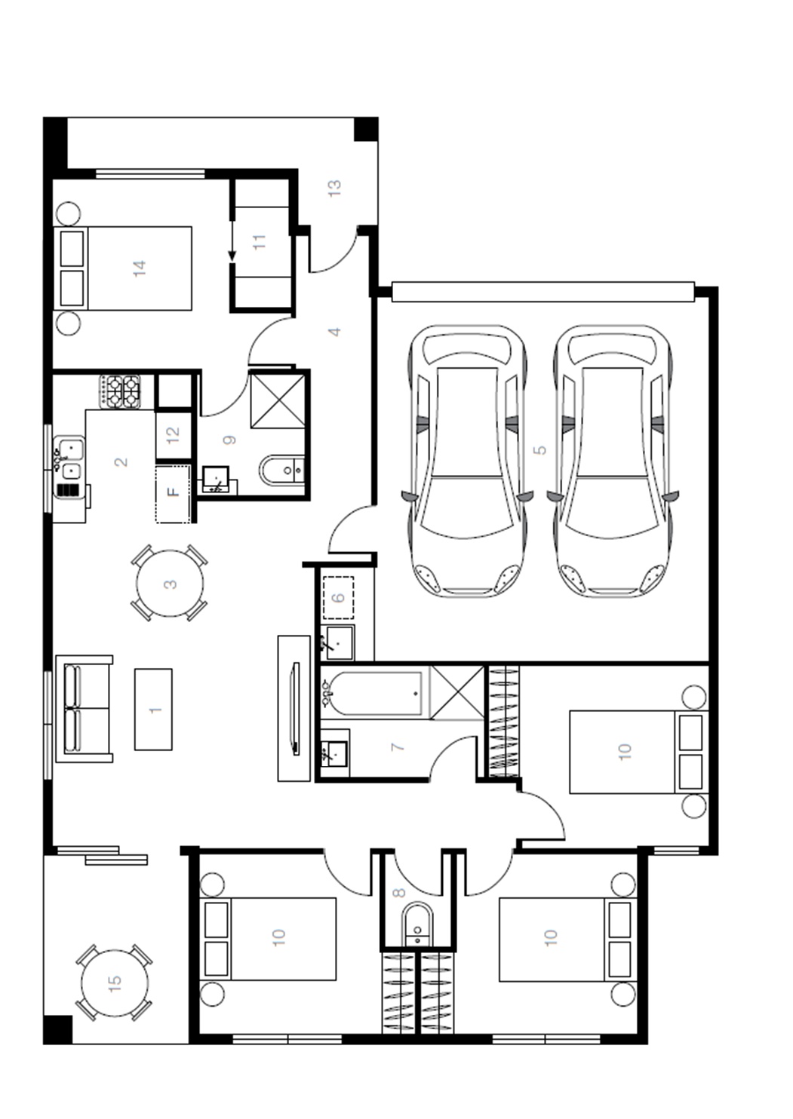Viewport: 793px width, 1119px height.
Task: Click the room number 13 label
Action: point(334,188)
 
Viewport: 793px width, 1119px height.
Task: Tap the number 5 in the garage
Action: point(539,449)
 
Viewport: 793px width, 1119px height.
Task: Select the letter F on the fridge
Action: point(173,492)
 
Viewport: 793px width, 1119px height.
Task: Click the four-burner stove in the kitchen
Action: point(120,391)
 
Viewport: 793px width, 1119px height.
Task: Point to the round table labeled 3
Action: point(170,584)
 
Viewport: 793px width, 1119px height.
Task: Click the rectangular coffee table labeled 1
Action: point(153,710)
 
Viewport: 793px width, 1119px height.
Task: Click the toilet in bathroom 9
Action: point(282,470)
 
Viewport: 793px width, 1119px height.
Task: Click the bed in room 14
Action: point(123,268)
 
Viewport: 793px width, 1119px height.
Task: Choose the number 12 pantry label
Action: point(173,434)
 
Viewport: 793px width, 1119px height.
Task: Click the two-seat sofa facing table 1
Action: point(84,709)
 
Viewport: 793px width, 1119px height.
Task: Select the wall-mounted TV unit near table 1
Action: point(294,708)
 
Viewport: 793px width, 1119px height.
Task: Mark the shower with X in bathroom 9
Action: point(278,401)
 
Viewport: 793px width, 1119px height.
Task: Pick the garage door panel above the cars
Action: point(543,292)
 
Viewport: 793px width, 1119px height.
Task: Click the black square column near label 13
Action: point(367,129)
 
